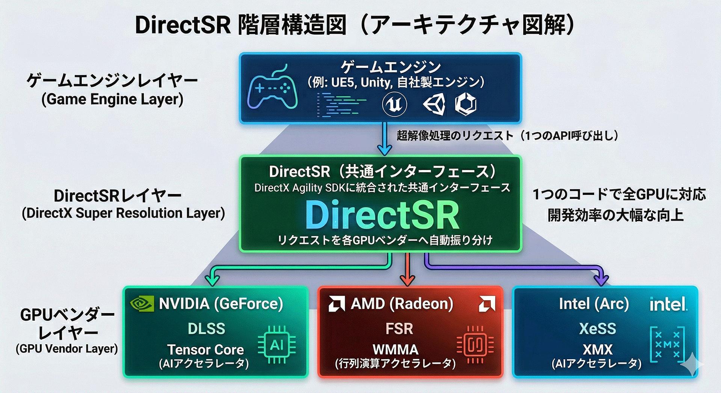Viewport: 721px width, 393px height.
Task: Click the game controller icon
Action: (x=272, y=89)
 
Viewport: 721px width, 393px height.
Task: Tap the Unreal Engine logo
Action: (x=394, y=104)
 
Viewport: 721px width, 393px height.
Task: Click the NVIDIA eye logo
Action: (x=142, y=304)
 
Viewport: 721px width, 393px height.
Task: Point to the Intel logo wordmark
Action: (x=668, y=304)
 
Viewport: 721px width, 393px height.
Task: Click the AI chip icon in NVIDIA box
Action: (x=277, y=345)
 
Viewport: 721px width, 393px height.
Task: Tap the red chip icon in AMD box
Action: (x=475, y=345)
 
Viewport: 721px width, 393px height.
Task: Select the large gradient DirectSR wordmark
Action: (x=382, y=215)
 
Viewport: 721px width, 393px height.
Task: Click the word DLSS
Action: (x=207, y=329)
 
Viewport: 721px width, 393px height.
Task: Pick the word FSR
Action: (x=399, y=329)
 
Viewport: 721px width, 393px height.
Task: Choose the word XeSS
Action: (x=597, y=329)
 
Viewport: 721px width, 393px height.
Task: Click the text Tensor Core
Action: (x=205, y=349)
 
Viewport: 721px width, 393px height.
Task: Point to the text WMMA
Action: (x=395, y=349)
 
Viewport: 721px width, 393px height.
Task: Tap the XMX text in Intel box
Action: (x=597, y=349)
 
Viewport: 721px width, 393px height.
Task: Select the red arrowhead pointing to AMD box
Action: (x=407, y=280)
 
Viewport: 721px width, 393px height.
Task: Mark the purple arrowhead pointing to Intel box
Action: (x=602, y=279)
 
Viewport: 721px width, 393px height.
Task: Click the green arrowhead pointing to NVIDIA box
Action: (x=213, y=279)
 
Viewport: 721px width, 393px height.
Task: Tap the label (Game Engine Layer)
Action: (x=112, y=99)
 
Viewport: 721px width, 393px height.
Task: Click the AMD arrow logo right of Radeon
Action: (x=487, y=304)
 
